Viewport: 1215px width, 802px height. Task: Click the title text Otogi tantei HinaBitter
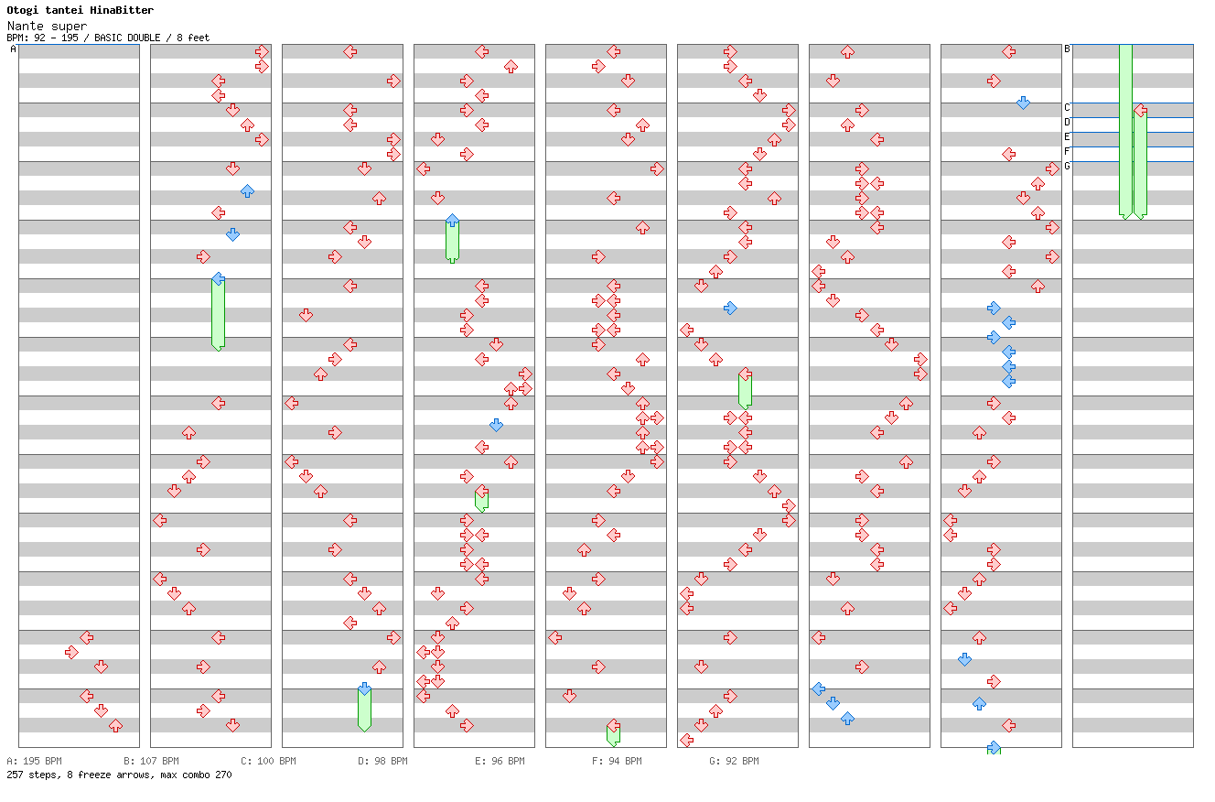tap(81, 10)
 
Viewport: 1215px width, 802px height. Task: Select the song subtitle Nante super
tap(47, 26)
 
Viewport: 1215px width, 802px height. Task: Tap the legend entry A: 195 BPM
tap(34, 761)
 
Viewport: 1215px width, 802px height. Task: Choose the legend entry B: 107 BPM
tap(151, 761)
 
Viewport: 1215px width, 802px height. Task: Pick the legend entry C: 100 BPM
tap(268, 761)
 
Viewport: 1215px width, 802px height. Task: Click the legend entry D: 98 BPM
tap(382, 761)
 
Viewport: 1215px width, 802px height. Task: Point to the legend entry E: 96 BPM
tap(500, 761)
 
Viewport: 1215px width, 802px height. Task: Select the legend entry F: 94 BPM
tap(617, 761)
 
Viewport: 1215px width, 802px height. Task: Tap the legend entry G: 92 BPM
tap(734, 761)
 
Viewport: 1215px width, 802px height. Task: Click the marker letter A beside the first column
tap(13, 49)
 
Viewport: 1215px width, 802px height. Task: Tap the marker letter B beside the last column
tap(1067, 49)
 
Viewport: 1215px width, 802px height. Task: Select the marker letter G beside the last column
tap(1067, 167)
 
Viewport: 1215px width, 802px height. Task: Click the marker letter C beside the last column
tap(1067, 108)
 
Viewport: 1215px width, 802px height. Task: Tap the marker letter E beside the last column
tap(1067, 137)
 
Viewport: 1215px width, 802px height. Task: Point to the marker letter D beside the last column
tap(1067, 123)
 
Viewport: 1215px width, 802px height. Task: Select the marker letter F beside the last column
tap(1067, 152)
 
